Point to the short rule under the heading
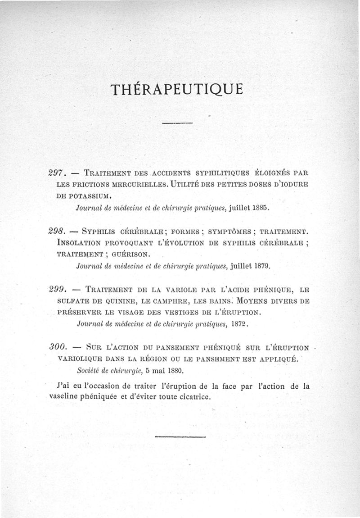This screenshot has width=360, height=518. click(177, 123)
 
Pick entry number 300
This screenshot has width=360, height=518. click(58, 348)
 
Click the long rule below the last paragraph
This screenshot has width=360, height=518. click(180, 436)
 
